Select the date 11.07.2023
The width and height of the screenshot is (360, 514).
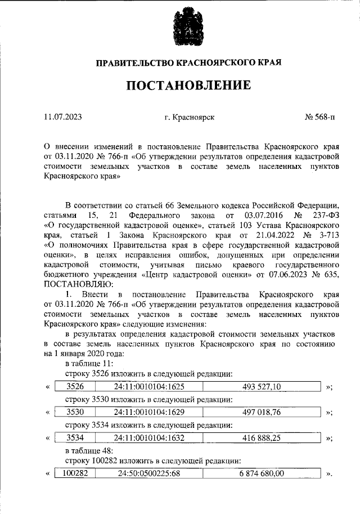[x=62, y=117]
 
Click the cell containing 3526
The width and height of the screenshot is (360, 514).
[x=75, y=386]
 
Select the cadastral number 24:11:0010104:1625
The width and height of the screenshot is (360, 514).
[x=149, y=386]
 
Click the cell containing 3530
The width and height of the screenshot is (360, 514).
[x=75, y=412]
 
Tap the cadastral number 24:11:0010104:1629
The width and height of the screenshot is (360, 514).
[x=149, y=412]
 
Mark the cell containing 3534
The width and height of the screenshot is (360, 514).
[x=75, y=437]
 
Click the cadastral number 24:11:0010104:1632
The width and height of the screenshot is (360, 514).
[x=149, y=437]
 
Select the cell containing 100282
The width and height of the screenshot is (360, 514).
[x=75, y=473]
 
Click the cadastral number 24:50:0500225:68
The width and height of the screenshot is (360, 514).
[x=149, y=473]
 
